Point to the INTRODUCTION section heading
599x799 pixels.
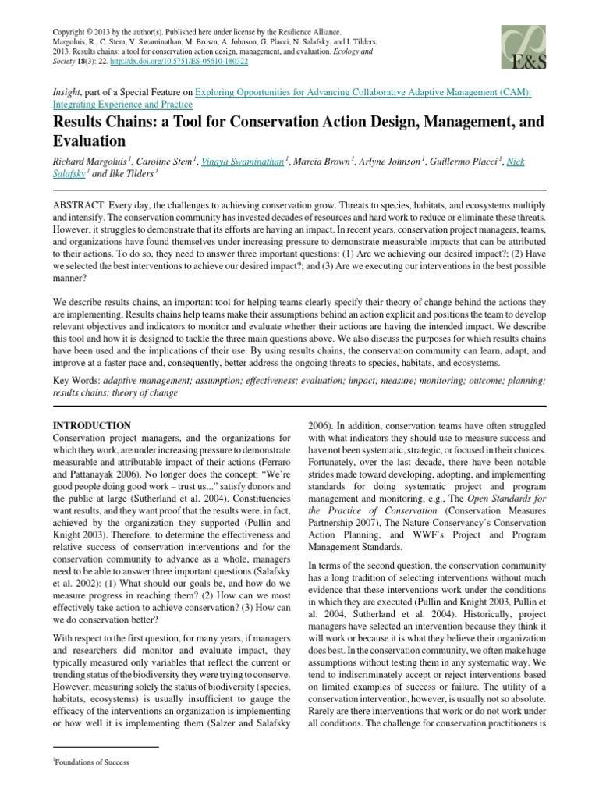[91, 425]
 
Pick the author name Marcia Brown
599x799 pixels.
[325, 162]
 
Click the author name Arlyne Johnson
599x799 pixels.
[394, 162]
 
